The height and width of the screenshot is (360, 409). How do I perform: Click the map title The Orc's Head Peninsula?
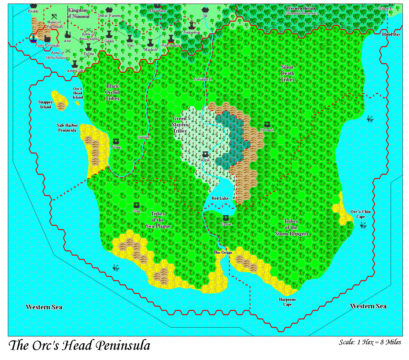[x=80, y=346]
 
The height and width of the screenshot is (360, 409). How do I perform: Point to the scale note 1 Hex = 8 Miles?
[x=370, y=342]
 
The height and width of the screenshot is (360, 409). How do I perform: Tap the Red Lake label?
[x=220, y=198]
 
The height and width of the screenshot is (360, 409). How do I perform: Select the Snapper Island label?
[x=45, y=105]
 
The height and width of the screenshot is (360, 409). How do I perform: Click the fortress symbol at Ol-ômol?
[x=267, y=125]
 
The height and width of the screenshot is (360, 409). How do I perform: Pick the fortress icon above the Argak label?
[x=205, y=154]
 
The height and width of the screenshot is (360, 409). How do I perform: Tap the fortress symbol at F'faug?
[x=116, y=141]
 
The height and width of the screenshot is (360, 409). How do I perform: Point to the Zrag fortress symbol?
[x=136, y=206]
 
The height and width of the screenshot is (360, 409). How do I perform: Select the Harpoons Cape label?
[x=287, y=302]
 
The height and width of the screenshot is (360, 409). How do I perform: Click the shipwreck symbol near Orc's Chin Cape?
[x=363, y=225]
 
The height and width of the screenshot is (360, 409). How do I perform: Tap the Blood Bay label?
[x=391, y=34]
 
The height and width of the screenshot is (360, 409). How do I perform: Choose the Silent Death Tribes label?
[x=287, y=73]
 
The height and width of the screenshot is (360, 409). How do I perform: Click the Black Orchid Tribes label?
[x=112, y=92]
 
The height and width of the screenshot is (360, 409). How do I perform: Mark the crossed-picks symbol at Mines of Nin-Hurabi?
[x=54, y=16]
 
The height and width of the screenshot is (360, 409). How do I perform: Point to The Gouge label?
[x=223, y=252]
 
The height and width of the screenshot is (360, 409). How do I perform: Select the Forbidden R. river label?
[x=203, y=80]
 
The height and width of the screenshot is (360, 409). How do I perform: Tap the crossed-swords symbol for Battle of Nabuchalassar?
[x=68, y=51]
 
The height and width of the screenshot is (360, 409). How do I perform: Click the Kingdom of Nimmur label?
[x=78, y=13]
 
